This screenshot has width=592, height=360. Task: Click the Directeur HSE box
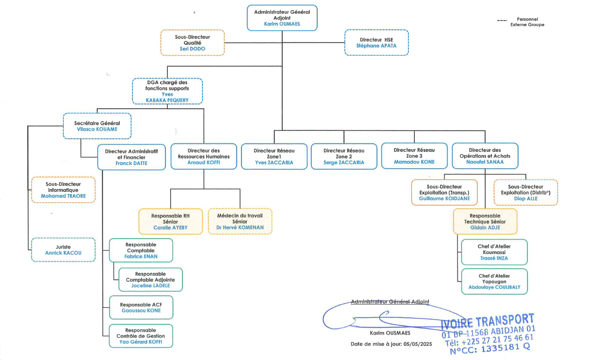376,43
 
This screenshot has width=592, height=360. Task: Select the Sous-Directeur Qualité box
193,43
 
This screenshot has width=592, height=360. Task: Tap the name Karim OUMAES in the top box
282,24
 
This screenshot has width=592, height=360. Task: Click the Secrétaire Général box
97,126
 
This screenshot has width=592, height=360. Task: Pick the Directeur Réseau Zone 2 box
344,157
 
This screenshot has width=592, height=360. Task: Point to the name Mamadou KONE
414,162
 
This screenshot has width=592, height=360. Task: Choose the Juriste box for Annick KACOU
63,249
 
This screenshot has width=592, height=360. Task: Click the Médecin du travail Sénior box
240,221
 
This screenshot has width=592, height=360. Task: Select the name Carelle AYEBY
171,228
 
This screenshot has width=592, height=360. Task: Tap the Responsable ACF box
141,307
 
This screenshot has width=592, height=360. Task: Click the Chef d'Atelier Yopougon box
494,281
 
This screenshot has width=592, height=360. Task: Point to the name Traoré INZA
494,258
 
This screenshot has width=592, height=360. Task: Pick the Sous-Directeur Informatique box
63,190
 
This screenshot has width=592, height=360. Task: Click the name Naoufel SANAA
485,162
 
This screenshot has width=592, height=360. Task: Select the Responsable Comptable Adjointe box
150,279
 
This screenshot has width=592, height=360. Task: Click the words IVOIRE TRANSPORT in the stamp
487,322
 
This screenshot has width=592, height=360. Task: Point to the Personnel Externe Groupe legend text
527,22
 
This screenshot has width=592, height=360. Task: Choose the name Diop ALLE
525,199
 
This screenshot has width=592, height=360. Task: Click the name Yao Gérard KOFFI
141,342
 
